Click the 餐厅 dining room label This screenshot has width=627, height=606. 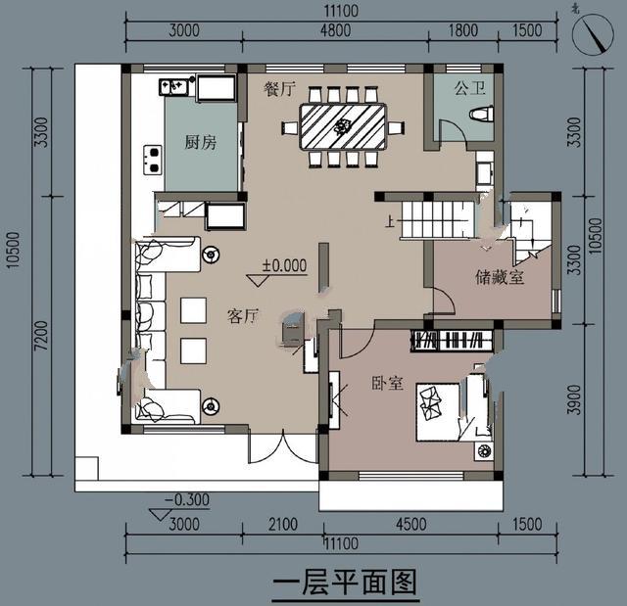280,88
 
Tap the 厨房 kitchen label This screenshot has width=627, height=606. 200,143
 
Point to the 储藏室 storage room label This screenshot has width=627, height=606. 500,277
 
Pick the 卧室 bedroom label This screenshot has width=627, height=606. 387,383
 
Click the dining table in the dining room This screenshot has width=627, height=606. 343,126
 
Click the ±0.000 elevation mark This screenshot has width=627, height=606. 284,265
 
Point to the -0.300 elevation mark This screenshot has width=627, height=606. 186,500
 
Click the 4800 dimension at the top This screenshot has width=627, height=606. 334,30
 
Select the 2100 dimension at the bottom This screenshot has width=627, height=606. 282,526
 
